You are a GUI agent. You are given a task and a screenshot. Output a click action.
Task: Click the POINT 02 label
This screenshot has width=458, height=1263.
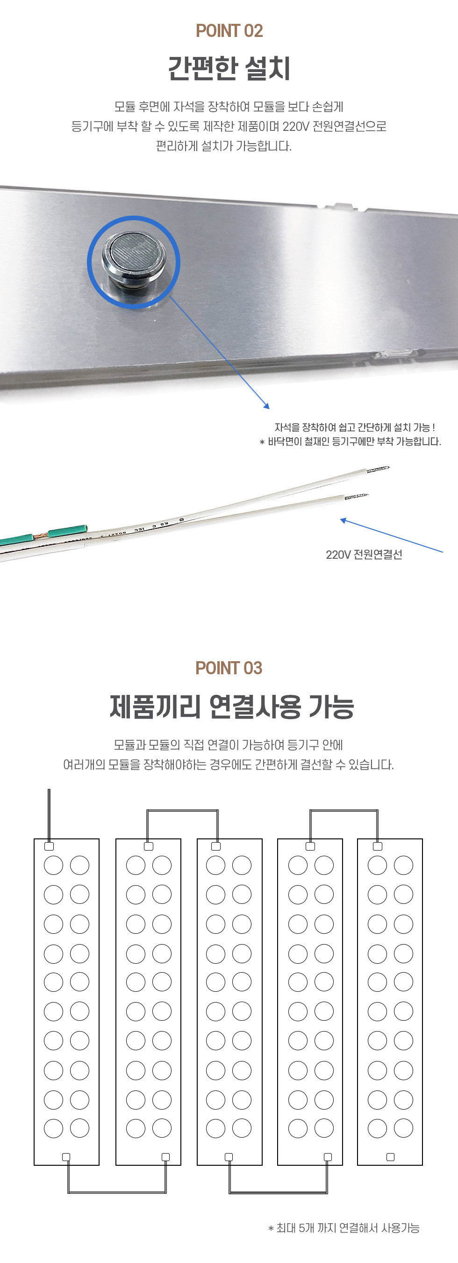click(x=229, y=31)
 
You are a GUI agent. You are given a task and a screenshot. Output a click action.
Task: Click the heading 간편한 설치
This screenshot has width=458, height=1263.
click(x=229, y=68)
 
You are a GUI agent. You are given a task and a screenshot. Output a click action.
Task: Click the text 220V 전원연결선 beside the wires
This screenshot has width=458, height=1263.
click(x=364, y=555)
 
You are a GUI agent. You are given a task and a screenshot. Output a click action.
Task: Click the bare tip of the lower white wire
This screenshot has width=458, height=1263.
click(x=357, y=497)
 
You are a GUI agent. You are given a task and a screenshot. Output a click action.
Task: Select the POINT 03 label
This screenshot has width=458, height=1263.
click(x=229, y=668)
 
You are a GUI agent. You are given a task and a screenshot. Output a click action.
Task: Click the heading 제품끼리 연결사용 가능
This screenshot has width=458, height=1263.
click(x=232, y=707)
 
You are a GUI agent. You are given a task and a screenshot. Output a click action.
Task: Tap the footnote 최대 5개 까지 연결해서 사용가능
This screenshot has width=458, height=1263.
click(x=344, y=1228)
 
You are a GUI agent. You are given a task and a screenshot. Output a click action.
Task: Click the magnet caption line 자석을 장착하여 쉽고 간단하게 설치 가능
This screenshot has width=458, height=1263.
click(x=355, y=427)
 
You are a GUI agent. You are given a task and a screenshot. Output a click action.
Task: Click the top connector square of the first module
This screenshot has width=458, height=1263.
click(x=49, y=846)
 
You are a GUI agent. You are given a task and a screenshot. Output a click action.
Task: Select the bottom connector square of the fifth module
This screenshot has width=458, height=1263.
click(x=390, y=1157)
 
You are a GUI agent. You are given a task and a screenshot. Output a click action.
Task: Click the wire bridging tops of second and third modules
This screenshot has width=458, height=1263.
click(x=182, y=810)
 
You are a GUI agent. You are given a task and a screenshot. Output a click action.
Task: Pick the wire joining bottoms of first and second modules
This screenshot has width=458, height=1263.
click(x=116, y=1192)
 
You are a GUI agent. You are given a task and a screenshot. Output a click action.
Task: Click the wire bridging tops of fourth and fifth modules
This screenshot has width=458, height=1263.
click(x=344, y=810)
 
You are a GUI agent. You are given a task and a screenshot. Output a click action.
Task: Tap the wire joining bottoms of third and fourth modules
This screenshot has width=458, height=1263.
click(x=278, y=1192)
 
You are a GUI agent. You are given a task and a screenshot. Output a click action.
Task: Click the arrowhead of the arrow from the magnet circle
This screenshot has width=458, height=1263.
click(x=266, y=405)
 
